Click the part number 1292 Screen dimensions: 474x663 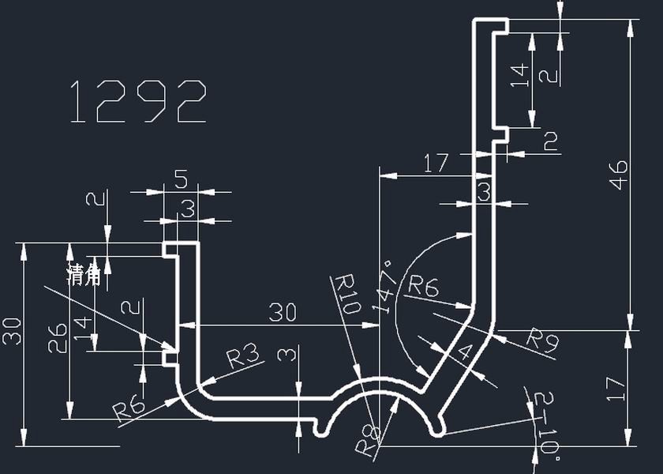tap(139, 102)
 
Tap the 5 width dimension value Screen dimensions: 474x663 tap(181, 180)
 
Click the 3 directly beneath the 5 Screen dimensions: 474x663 tap(188, 210)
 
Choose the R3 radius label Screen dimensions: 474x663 tap(243, 357)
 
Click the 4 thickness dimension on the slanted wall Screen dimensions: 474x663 tap(463, 352)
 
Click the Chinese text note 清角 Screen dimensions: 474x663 tap(85, 274)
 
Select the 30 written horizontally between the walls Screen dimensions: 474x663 tap(283, 313)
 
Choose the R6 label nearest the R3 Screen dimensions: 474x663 tap(129, 408)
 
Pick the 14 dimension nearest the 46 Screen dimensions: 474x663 tap(519, 75)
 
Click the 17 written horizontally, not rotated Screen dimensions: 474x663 tap(436, 164)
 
